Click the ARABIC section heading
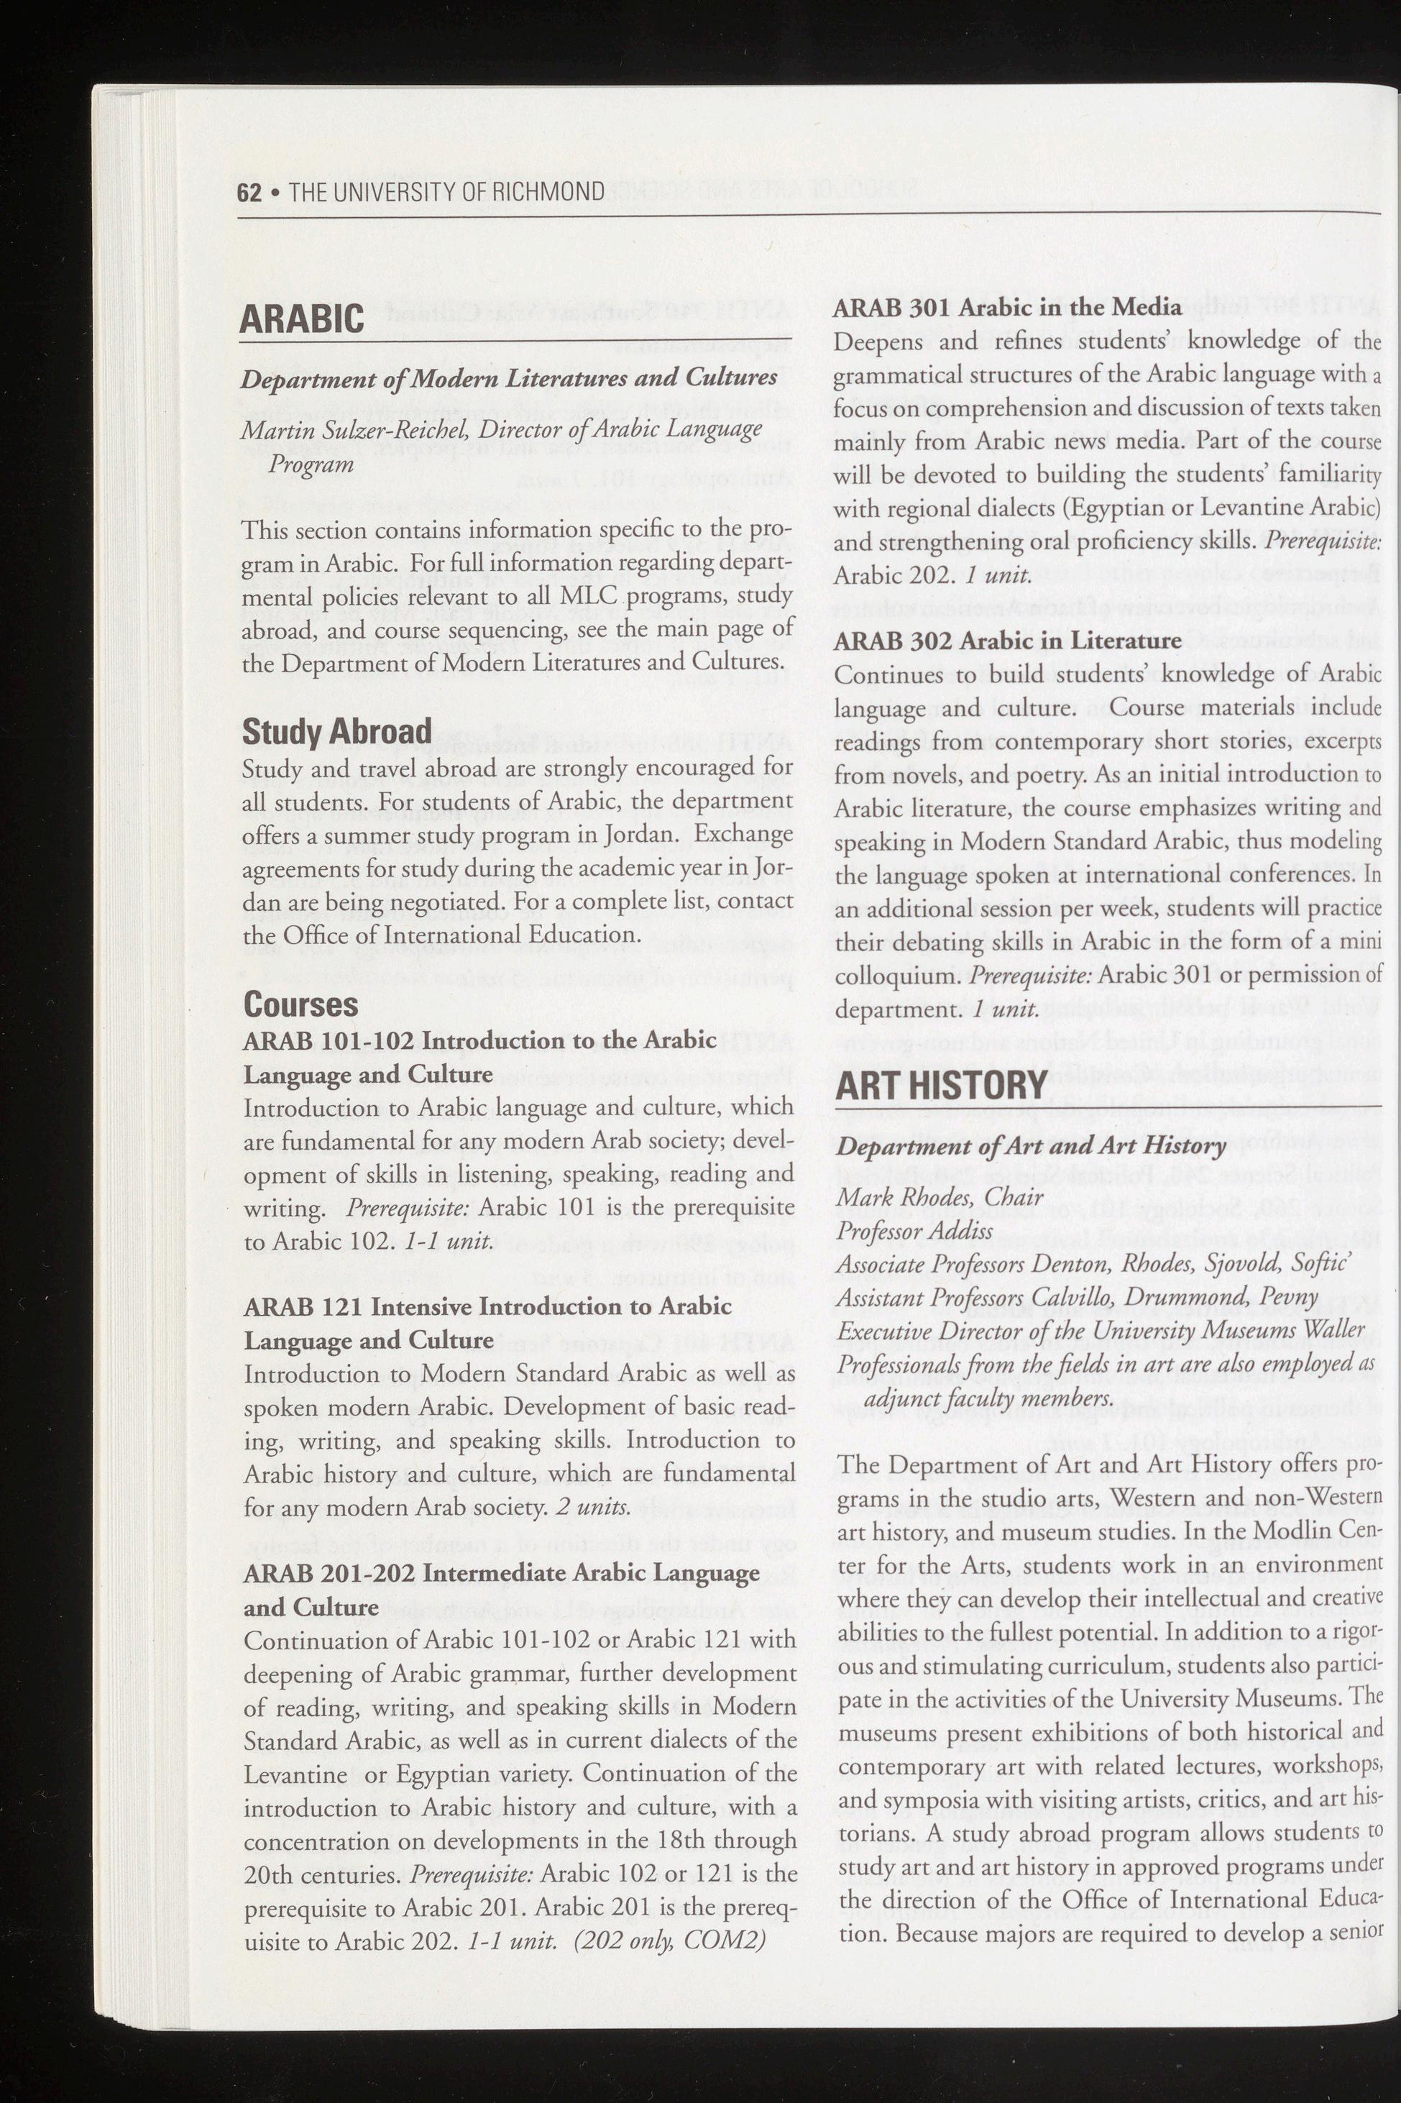[x=302, y=320]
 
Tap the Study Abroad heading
[x=337, y=731]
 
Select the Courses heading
[x=301, y=1004]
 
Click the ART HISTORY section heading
[x=941, y=1084]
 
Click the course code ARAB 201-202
[x=326, y=1572]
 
